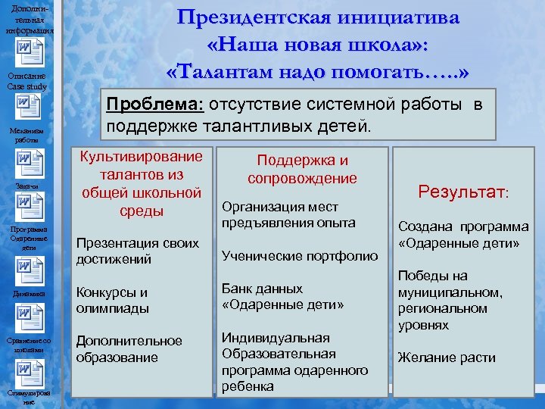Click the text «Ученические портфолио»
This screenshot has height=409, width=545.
point(299,257)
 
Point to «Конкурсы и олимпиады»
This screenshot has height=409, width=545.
point(112,301)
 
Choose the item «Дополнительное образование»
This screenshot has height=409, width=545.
point(129,349)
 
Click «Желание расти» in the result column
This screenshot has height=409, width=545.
point(447,357)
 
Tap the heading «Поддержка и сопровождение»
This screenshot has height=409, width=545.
point(302,169)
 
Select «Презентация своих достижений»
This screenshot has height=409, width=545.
point(137,251)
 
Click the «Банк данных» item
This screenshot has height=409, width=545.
point(262,289)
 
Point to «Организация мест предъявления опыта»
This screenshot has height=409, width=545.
point(288,215)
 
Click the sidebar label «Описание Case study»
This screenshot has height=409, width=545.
point(27,81)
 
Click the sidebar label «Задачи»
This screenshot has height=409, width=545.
point(26,186)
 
